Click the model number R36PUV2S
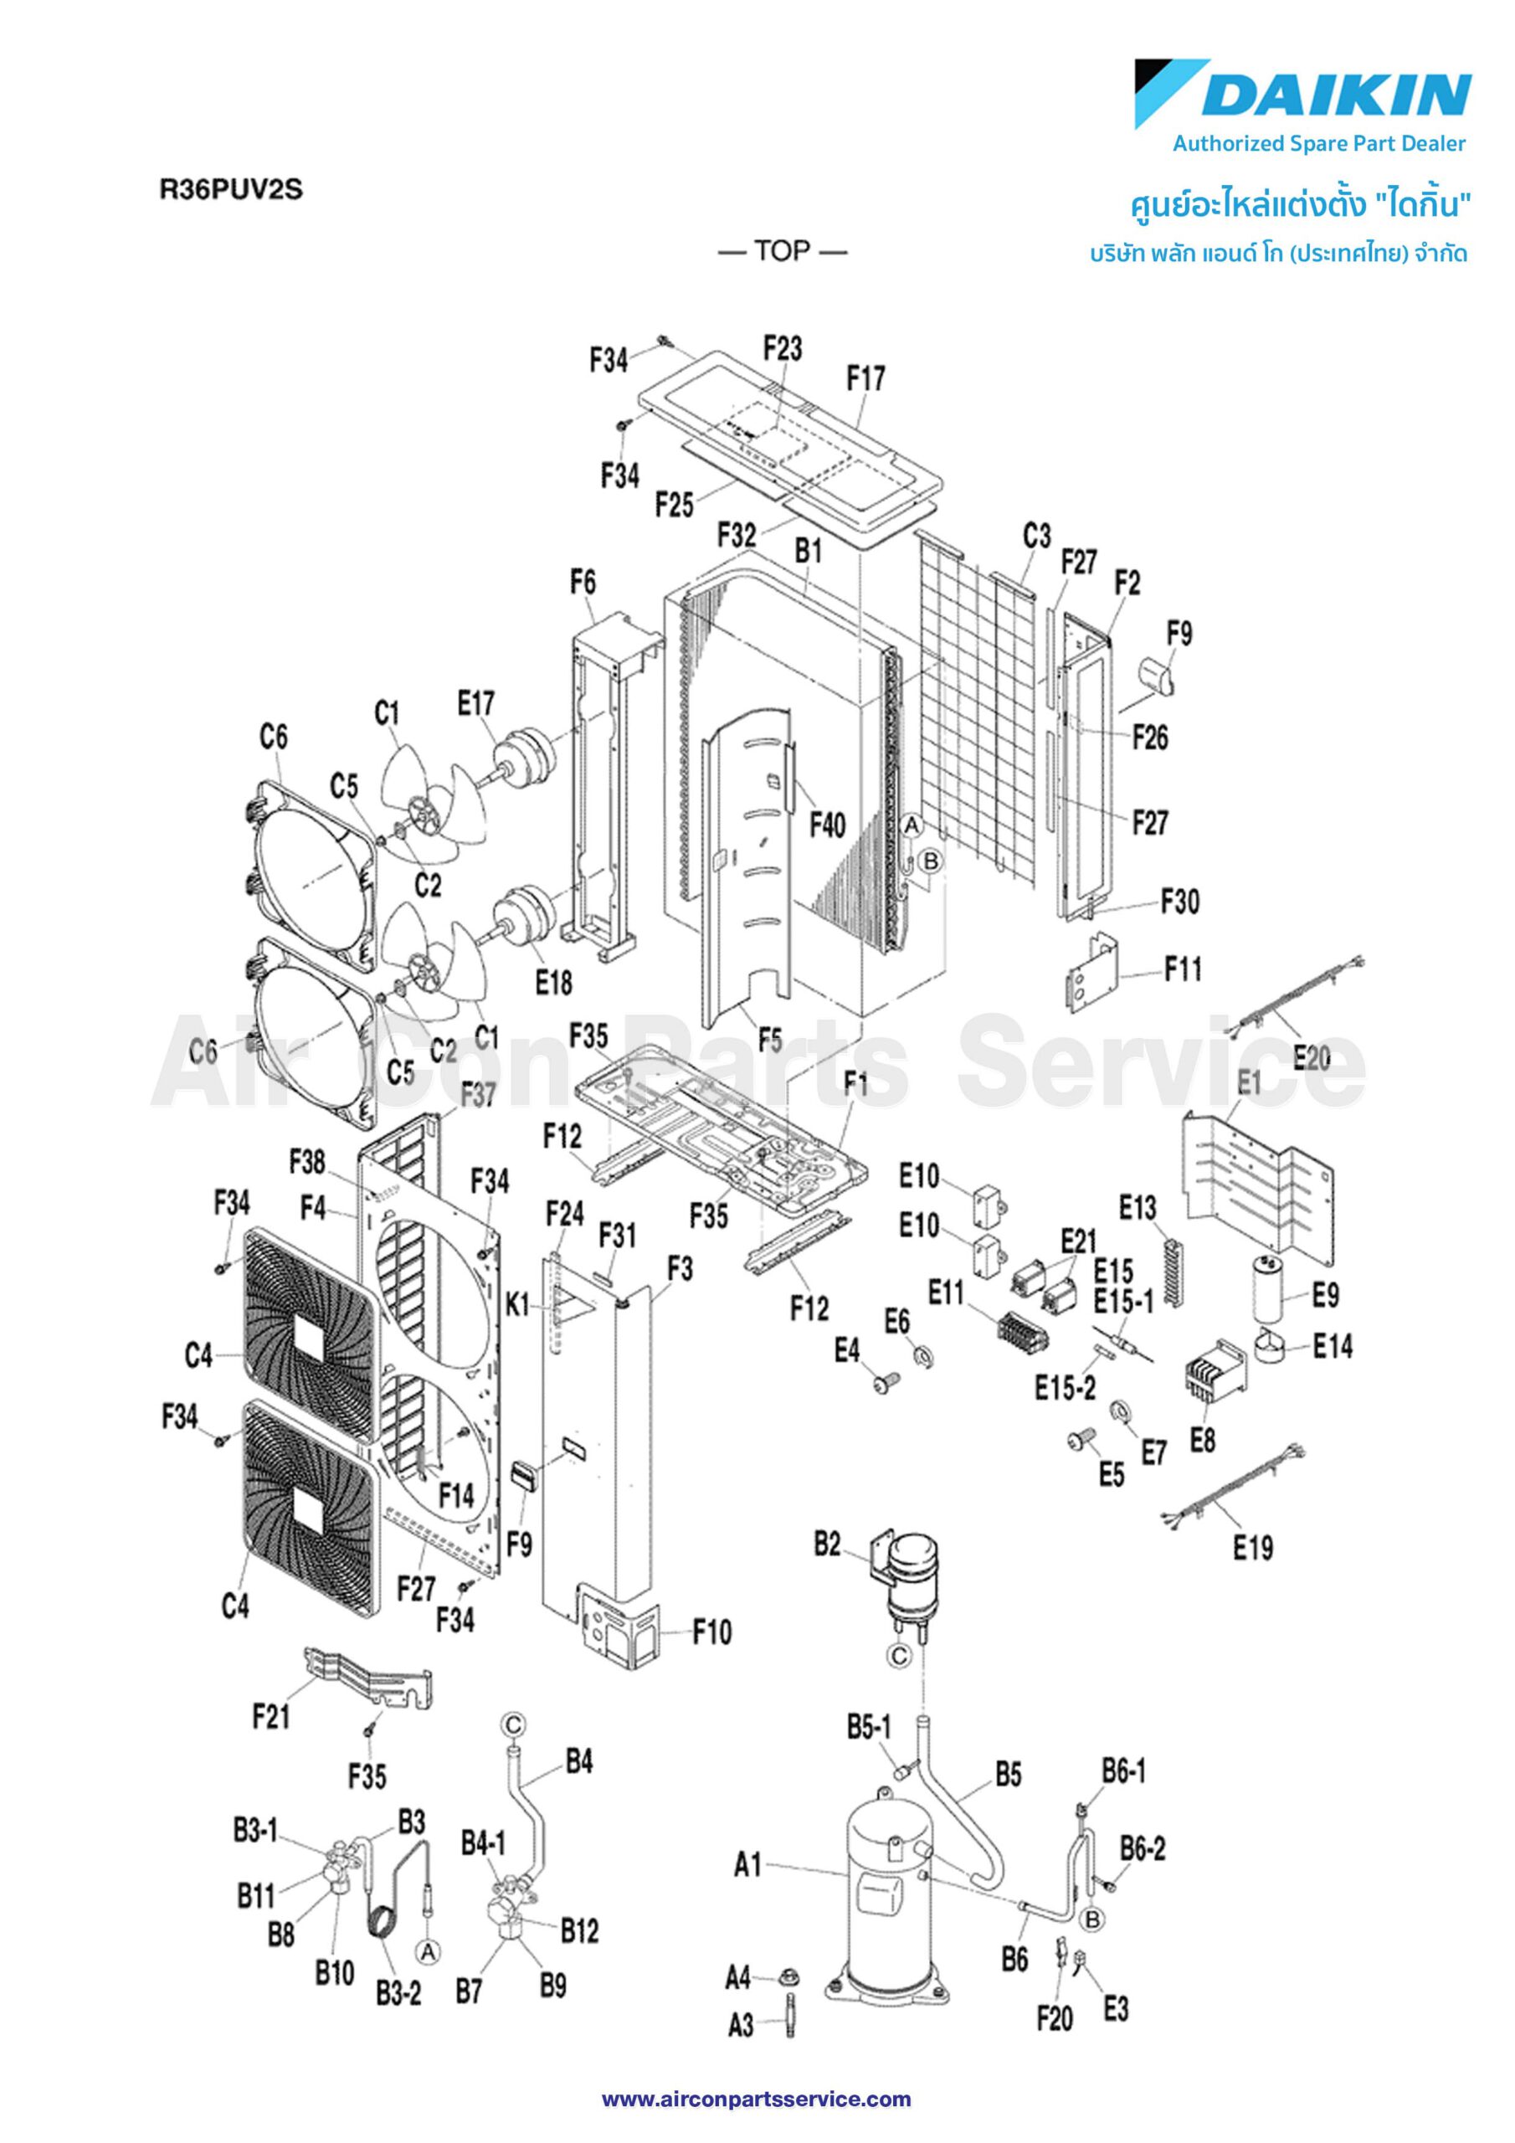click(230, 189)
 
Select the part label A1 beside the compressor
click(747, 1866)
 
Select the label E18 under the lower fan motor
click(552, 982)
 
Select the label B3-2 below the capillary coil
click(398, 1991)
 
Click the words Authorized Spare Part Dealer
click(1319, 144)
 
